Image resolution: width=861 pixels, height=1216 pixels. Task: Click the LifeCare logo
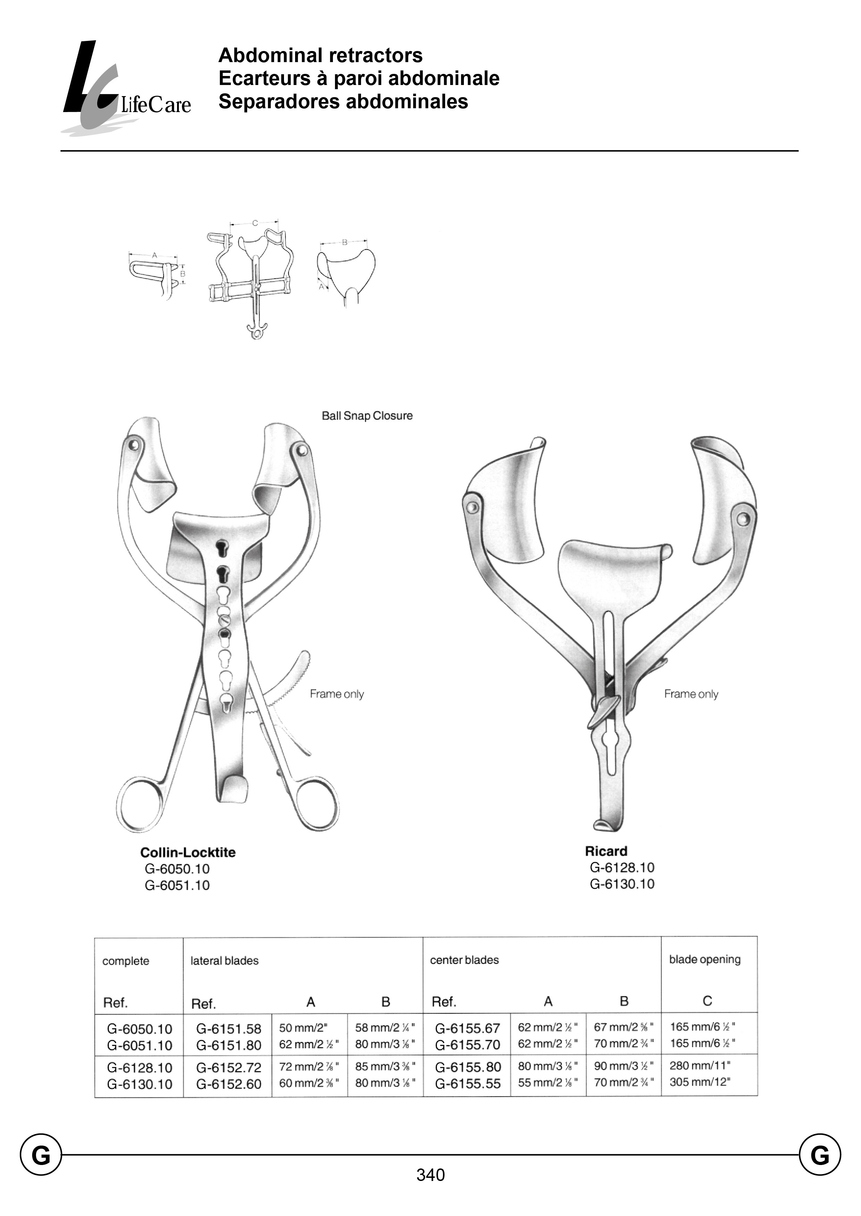(x=126, y=87)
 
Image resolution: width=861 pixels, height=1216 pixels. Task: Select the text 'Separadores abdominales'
(x=343, y=102)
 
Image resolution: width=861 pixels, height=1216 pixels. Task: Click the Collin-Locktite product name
(x=188, y=852)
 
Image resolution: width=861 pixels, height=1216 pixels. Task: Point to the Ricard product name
(x=606, y=851)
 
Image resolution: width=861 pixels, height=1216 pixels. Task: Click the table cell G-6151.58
(x=228, y=1029)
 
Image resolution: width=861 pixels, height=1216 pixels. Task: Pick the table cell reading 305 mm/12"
(x=700, y=1082)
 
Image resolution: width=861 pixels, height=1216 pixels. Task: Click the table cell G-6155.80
(x=468, y=1067)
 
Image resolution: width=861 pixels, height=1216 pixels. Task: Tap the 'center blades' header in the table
(x=465, y=960)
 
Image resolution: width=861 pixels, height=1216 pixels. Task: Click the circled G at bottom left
(x=41, y=1155)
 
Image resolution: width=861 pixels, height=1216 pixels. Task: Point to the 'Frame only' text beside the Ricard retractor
(x=691, y=694)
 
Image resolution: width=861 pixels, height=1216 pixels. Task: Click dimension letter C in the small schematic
(x=255, y=223)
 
